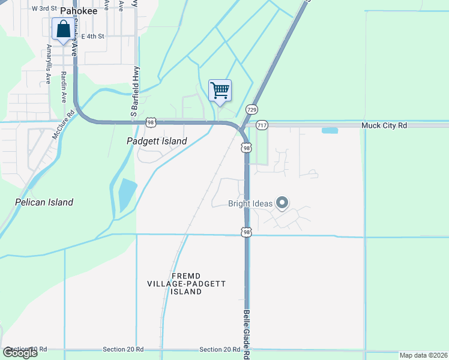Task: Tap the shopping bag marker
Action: click(63, 29)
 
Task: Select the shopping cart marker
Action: click(220, 91)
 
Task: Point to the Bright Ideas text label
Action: click(250, 204)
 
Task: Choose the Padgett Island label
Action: click(157, 141)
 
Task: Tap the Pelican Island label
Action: click(44, 202)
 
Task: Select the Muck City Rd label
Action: click(384, 125)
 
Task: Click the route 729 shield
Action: click(252, 109)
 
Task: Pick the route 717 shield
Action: click(262, 125)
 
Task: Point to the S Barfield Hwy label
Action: click(135, 91)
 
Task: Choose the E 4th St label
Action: click(92, 36)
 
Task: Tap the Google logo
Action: click(20, 353)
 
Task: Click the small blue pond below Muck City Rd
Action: click(330, 130)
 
